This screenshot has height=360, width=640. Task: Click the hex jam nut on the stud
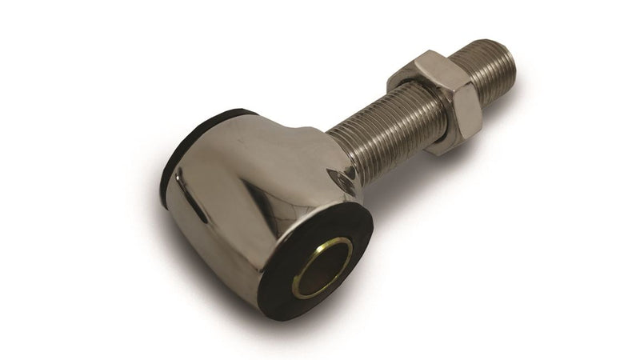pos(436,100)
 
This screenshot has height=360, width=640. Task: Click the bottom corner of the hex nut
pos(438,150)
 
